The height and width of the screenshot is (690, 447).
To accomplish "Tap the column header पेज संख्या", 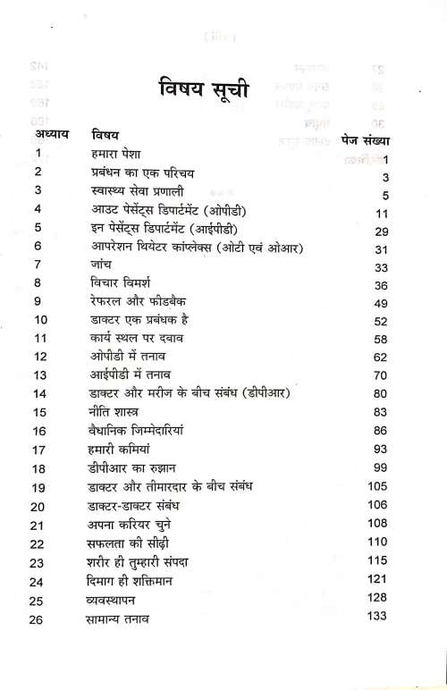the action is (x=370, y=139).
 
